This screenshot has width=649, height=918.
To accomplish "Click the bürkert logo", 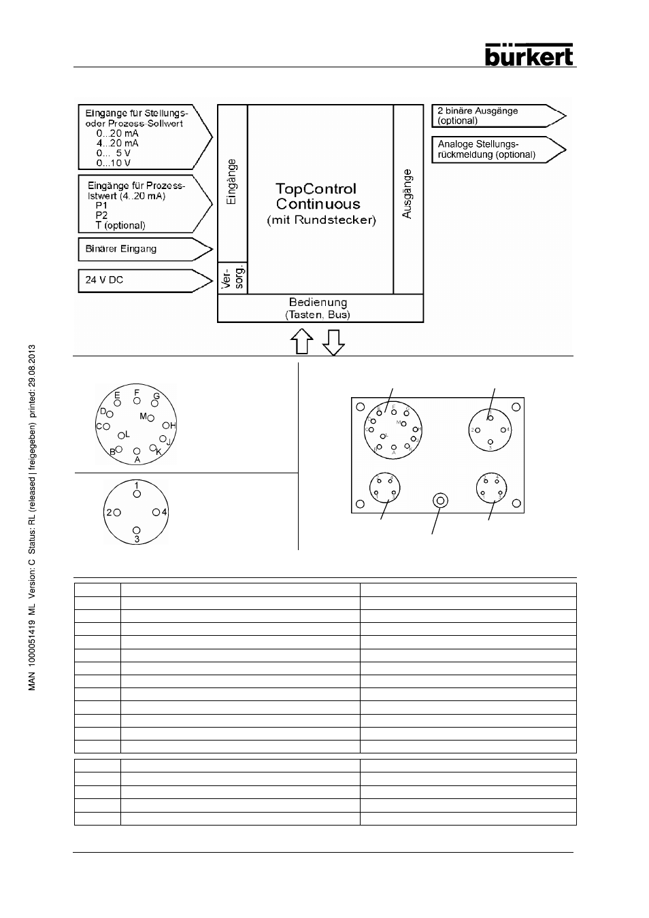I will [530, 54].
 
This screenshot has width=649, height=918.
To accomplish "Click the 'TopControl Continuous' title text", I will [316, 196].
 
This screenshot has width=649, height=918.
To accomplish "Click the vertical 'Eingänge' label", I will [232, 182].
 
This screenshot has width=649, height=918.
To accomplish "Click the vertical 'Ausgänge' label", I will [407, 193].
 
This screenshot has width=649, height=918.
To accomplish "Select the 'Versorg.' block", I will [232, 278].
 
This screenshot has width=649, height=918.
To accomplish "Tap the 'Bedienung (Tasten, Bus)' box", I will [320, 308].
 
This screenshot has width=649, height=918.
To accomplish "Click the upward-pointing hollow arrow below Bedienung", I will [301, 342].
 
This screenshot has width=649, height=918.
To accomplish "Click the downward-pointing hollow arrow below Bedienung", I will [333, 342].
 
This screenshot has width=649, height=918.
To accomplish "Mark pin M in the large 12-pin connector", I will [151, 418].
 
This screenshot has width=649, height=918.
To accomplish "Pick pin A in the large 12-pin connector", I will [137, 451].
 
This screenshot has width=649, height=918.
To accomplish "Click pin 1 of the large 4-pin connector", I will [137, 493].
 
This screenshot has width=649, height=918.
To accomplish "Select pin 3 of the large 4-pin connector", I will [137, 530].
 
